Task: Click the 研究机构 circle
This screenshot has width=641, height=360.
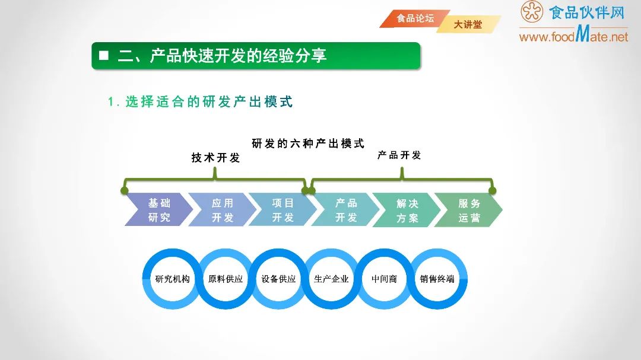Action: [x=172, y=279]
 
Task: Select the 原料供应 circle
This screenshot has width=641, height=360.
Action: [x=226, y=279]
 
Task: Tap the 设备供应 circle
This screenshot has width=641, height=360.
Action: [x=278, y=279]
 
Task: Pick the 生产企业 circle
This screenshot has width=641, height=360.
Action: [x=331, y=279]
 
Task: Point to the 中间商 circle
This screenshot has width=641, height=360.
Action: [x=384, y=279]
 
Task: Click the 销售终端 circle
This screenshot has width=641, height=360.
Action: [x=437, y=279]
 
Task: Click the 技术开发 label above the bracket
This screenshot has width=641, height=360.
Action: [x=215, y=158]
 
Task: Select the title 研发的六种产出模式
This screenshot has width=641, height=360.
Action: [x=308, y=144]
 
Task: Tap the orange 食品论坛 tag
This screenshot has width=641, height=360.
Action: [x=415, y=18]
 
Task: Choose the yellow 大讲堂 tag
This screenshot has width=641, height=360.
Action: [x=468, y=25]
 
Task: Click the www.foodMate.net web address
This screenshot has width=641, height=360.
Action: [x=573, y=36]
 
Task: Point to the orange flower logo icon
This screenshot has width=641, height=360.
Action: [x=532, y=12]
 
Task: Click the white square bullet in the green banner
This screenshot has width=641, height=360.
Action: [x=104, y=56]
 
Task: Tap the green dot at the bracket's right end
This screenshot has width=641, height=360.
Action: [x=492, y=190]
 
